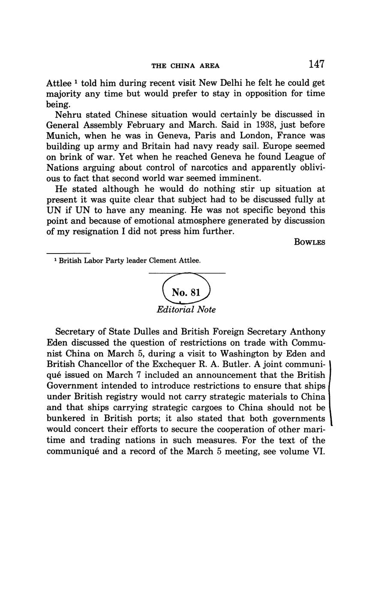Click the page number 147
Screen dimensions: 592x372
pos(316,64)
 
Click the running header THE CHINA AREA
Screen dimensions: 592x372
pos(186,66)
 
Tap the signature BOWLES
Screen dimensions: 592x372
pos(309,242)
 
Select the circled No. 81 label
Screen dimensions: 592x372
pos(186,293)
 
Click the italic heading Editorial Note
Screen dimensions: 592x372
pos(186,310)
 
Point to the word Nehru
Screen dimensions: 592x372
pos(68,115)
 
